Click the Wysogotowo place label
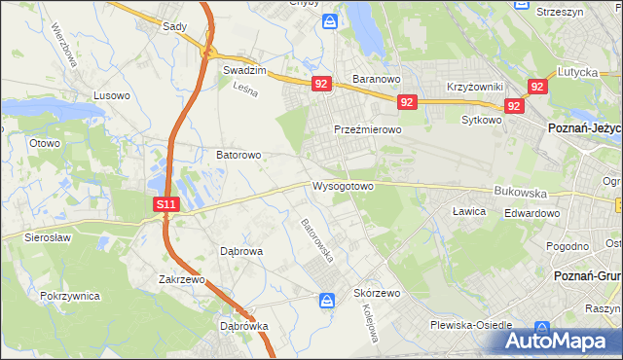pos(343,185)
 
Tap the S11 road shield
pos(166,204)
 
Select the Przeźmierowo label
pos(368,129)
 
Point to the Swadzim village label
pos(244,70)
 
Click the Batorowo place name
pos(238,155)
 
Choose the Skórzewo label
pos(377,293)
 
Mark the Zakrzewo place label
pos(184,279)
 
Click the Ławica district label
pos(468,210)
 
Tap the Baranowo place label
pos(377,78)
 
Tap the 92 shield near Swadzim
pos(322,85)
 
